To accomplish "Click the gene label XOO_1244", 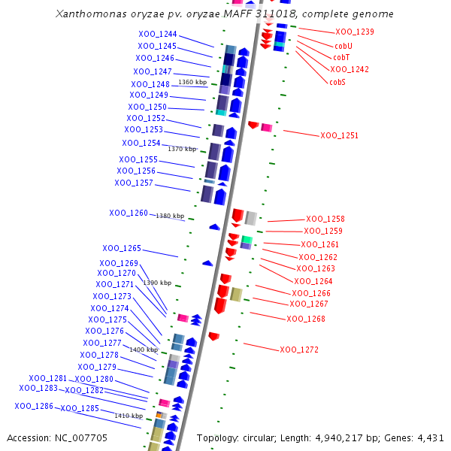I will [158, 34].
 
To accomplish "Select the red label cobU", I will [343, 45].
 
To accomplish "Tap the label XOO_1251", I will [339, 136].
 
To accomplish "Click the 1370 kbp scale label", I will [181, 149].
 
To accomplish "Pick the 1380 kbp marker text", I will [169, 216].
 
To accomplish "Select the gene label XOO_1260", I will [129, 213].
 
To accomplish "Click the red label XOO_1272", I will [299, 350].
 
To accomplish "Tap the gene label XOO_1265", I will [122, 248].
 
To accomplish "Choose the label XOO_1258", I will [325, 219].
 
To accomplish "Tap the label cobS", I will [337, 82].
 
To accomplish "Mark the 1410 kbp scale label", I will [128, 416].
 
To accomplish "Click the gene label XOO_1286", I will [34, 406].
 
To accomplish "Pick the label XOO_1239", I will [355, 32].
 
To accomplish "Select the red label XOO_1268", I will [306, 319].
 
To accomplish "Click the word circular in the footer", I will [263, 437].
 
